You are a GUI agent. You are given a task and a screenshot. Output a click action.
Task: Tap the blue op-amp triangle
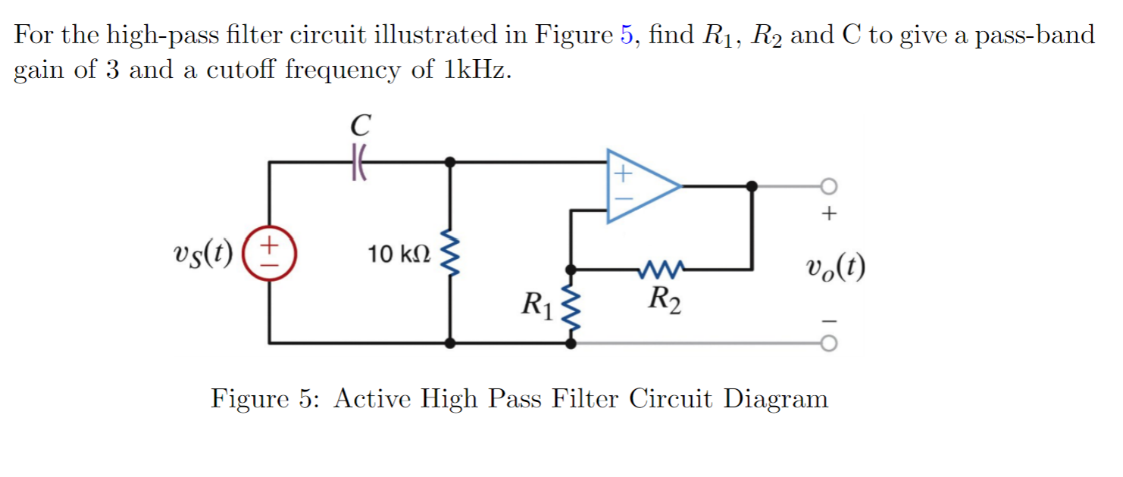tap(639, 185)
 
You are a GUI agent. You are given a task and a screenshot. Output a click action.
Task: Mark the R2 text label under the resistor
tap(664, 300)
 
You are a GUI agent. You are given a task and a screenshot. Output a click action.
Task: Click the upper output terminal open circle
tap(830, 185)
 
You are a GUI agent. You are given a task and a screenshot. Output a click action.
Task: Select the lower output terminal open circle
tap(830, 344)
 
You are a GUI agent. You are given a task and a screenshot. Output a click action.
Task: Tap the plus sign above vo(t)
tap(829, 215)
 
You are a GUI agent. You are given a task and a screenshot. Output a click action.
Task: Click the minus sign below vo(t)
tap(829, 319)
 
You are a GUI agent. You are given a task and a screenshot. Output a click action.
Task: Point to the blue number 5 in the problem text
tap(625, 35)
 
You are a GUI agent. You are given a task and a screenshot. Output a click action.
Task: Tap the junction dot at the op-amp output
tap(751, 185)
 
